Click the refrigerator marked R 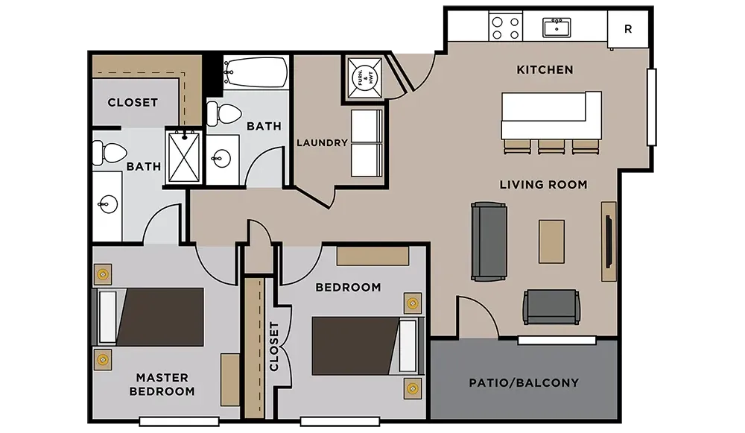[627, 29]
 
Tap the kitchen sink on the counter [557, 28]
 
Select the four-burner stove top [506, 28]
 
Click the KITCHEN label [545, 70]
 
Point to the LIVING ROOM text [543, 184]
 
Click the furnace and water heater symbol [364, 78]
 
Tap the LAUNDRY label [322, 142]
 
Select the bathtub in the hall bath [256, 72]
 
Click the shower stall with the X [184, 157]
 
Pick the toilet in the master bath [110, 153]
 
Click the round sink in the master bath [108, 204]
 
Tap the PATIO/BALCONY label [524, 382]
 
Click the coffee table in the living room [551, 241]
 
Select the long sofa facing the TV [489, 241]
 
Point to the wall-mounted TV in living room [608, 241]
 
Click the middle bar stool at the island [551, 147]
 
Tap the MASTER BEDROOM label [162, 385]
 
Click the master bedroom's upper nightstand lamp [102, 274]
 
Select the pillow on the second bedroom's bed [408, 346]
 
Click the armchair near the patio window [551, 307]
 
